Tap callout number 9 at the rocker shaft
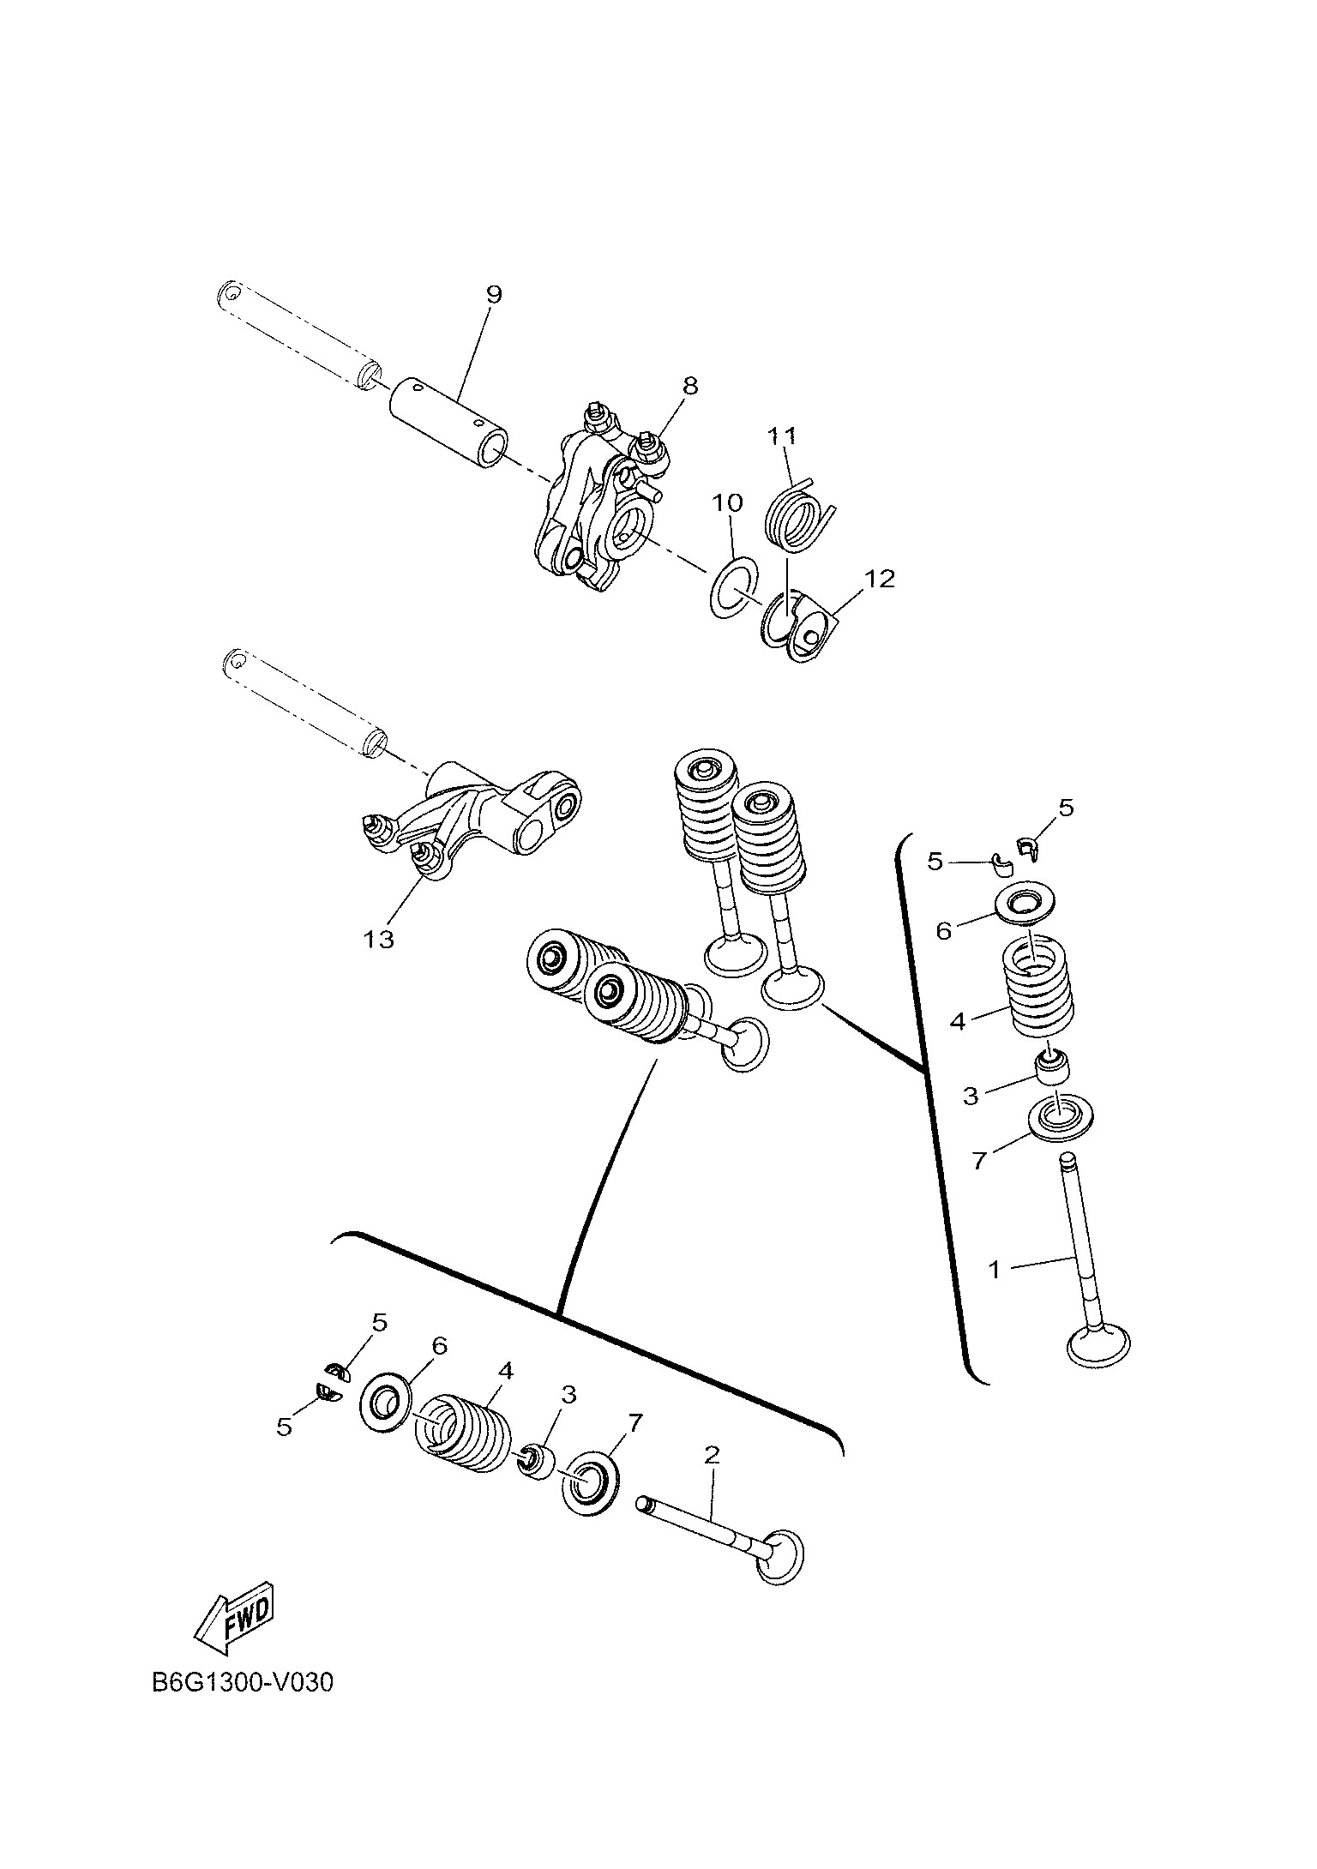(493, 294)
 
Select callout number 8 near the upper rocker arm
(690, 386)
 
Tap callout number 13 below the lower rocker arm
(378, 940)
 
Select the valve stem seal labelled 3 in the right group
(1054, 1067)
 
